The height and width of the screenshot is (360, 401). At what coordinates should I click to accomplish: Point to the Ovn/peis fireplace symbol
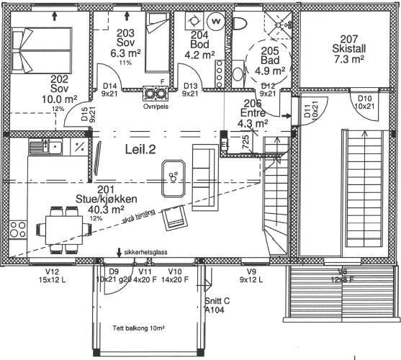[155, 94]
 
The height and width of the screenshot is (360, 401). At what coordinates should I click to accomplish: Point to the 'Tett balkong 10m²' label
[139, 328]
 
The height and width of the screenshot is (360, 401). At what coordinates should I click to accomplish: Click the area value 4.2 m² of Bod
[202, 54]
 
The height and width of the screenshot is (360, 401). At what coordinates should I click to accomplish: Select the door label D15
[85, 114]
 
